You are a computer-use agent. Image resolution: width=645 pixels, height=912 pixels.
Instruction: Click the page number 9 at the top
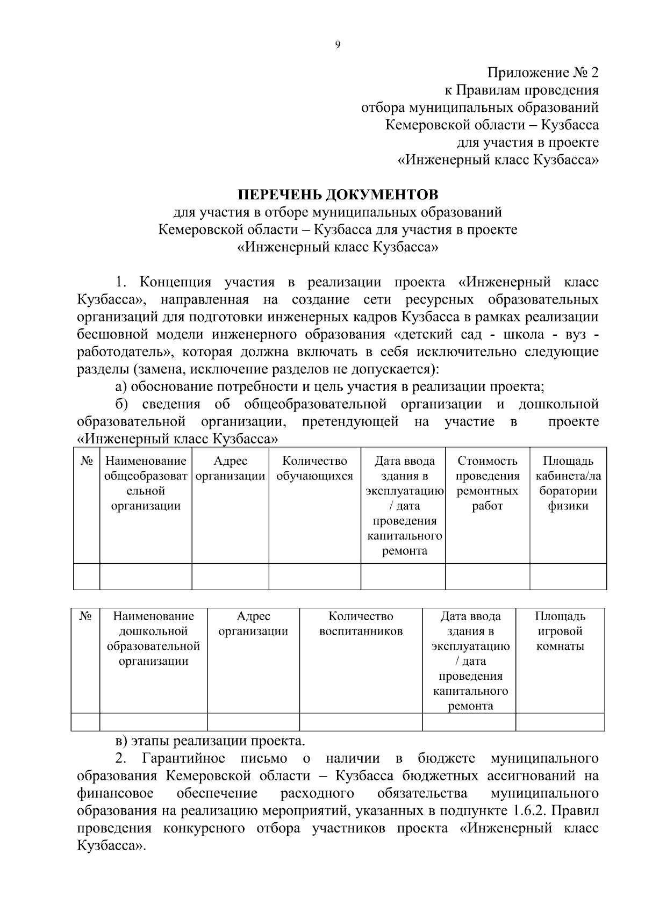pyautogui.click(x=337, y=45)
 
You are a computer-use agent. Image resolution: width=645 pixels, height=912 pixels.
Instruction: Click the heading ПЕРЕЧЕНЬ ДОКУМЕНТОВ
pyautogui.click(x=338, y=194)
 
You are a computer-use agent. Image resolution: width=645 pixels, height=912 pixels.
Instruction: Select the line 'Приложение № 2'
pyautogui.click(x=542, y=73)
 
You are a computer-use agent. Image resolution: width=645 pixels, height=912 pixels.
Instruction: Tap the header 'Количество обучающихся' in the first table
pyautogui.click(x=314, y=469)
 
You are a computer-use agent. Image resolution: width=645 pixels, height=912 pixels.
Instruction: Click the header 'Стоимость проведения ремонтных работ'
pyautogui.click(x=487, y=483)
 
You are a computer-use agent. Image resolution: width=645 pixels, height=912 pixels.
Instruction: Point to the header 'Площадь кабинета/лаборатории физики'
pyautogui.click(x=568, y=483)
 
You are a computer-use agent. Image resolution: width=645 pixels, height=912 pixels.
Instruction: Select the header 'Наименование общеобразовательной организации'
pyautogui.click(x=146, y=483)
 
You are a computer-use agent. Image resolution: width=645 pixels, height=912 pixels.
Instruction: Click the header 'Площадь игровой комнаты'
pyautogui.click(x=560, y=631)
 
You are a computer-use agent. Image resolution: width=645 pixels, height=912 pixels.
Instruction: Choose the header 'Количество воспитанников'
pyautogui.click(x=361, y=623)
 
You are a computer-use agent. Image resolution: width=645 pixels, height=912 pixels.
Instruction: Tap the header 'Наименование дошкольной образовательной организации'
pyautogui.click(x=153, y=638)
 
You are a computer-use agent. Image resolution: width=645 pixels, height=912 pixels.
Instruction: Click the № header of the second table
pyautogui.click(x=85, y=616)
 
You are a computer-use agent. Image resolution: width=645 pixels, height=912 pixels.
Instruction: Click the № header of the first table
pyautogui.click(x=87, y=461)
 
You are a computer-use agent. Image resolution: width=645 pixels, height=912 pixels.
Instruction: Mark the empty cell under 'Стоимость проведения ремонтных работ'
pyautogui.click(x=487, y=576)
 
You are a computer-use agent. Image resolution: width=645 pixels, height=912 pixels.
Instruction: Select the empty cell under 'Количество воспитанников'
pyautogui.click(x=361, y=722)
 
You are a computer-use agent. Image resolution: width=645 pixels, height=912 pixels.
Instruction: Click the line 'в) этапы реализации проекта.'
pyautogui.click(x=210, y=741)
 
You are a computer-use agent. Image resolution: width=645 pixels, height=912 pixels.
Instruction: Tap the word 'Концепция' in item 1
pyautogui.click(x=175, y=282)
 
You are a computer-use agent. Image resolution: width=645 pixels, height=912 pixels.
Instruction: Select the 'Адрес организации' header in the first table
pyautogui.click(x=230, y=469)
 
